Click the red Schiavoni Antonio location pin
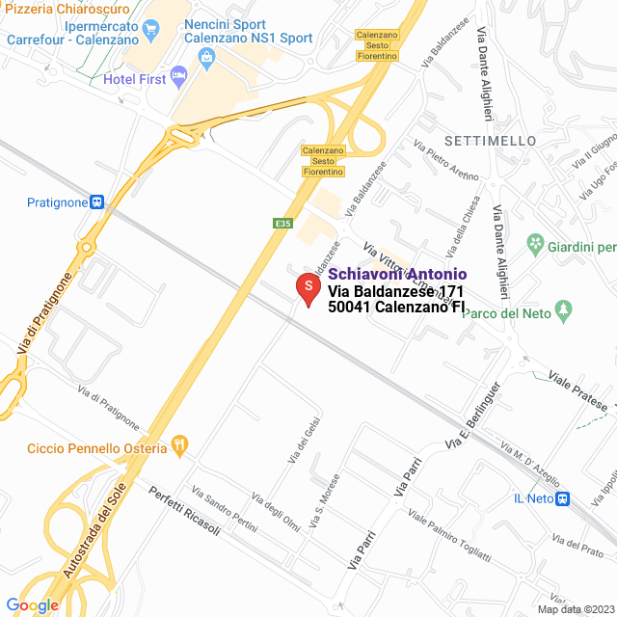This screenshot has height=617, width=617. coord(307,288)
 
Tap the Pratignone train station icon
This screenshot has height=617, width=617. coord(97,202)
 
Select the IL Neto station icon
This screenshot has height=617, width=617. coord(564,498)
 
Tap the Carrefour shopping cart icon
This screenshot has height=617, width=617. coord(150,31)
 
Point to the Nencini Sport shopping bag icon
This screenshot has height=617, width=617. coord(207,58)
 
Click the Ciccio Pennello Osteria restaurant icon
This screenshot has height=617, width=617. coord(177,446)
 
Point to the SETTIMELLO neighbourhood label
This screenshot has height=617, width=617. coord(491,141)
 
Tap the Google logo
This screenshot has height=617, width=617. coord(32,604)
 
